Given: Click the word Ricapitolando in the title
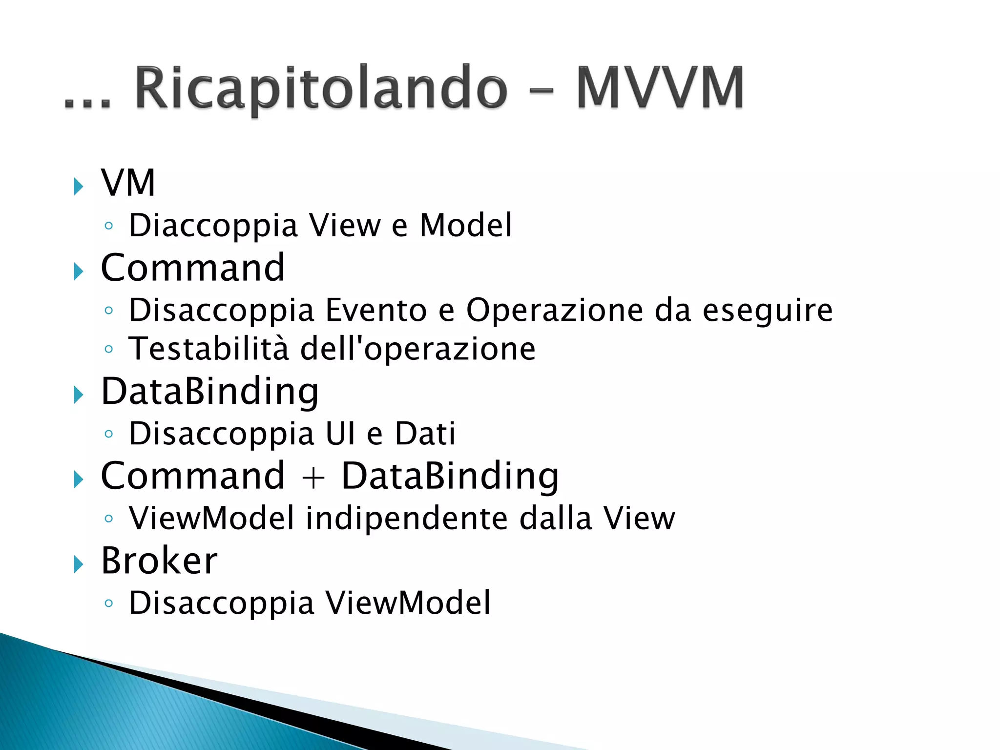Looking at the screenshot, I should (321, 88).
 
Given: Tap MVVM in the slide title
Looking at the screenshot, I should (660, 87).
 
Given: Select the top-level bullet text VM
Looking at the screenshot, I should (128, 183).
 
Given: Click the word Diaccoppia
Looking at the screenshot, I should (213, 226).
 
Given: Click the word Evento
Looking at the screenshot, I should (376, 310).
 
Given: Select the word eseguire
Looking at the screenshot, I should (767, 311).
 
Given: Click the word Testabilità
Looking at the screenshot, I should (208, 349).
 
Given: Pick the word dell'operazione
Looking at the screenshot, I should (417, 349).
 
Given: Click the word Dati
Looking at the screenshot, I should (425, 434).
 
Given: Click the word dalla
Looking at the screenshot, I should (555, 518).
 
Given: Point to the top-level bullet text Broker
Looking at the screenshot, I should (159, 561).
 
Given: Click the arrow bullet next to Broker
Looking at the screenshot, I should (78, 564).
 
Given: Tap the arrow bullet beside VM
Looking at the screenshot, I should (78, 187).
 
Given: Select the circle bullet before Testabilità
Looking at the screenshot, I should (109, 349).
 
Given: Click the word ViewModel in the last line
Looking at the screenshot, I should (408, 603).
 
